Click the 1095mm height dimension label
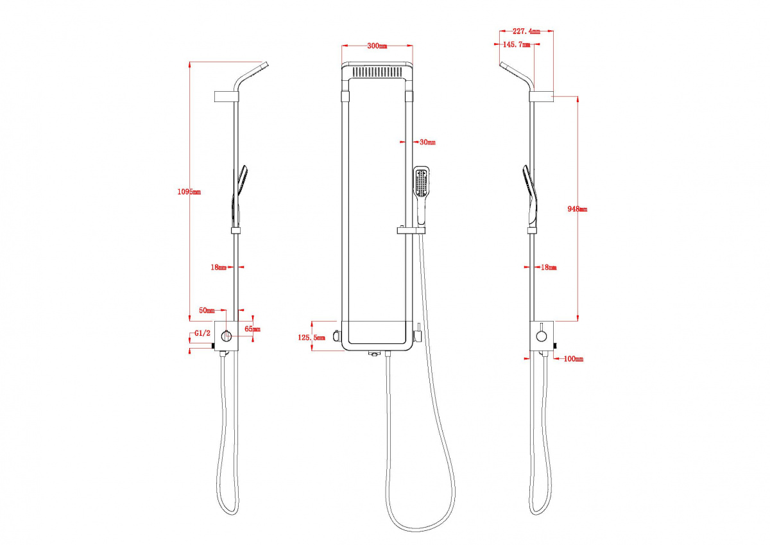(189, 192)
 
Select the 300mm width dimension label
(377, 46)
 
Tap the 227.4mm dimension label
(526, 31)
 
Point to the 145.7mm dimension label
(517, 44)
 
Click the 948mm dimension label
(577, 209)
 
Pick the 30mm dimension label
(427, 142)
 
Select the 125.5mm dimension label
(311, 338)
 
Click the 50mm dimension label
(207, 311)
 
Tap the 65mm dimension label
(252, 329)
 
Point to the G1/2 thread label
(203, 333)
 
